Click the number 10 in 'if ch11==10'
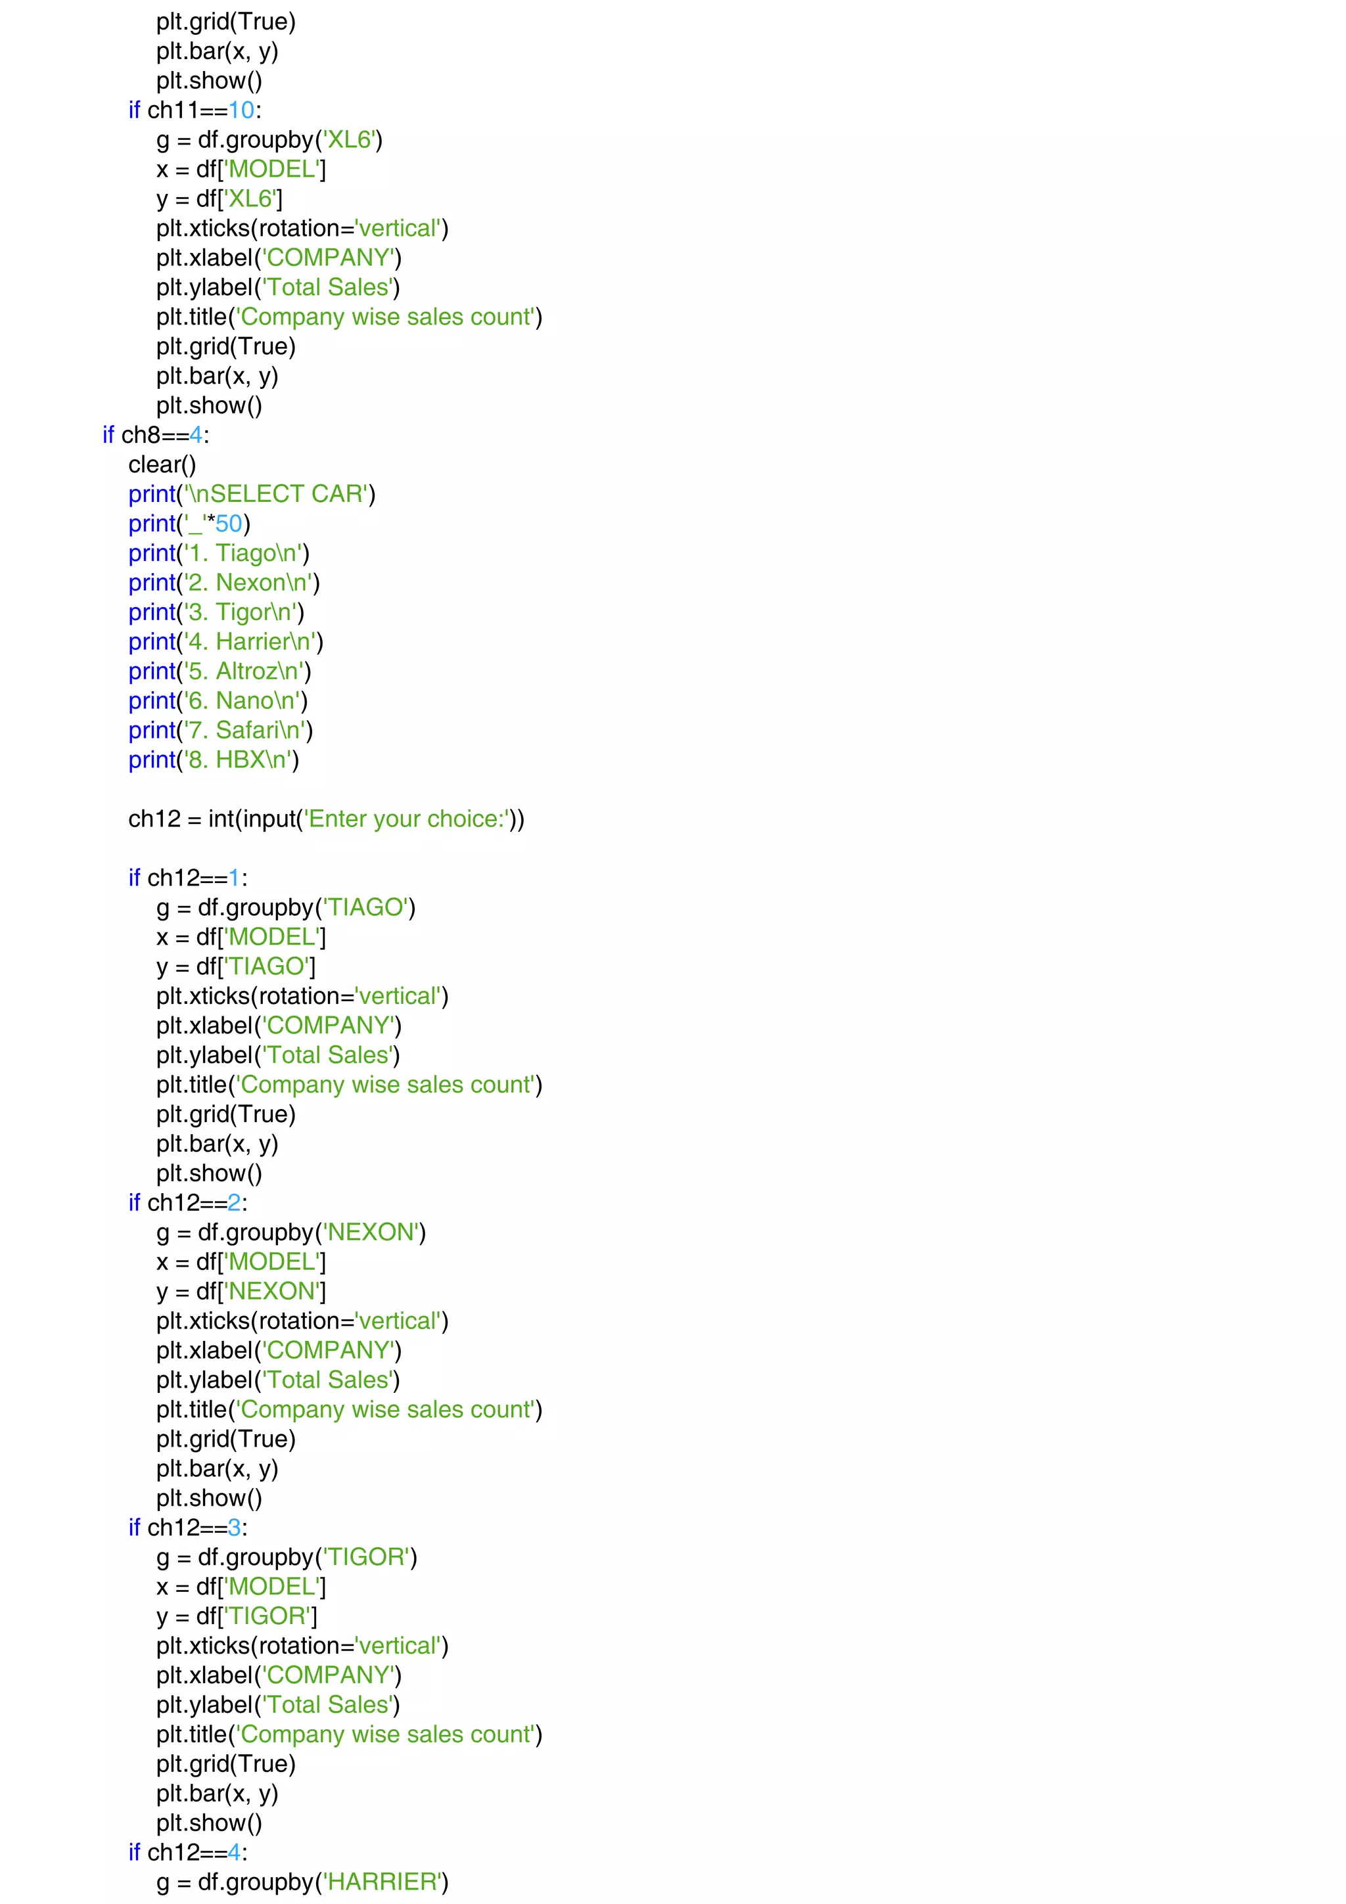pyautogui.click(x=241, y=110)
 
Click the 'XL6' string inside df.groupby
pyautogui.click(x=349, y=139)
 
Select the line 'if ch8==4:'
pyautogui.click(x=156, y=436)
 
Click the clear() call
pyautogui.click(x=162, y=465)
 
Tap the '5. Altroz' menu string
pyautogui.click(x=244, y=671)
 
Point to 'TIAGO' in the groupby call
pyautogui.click(x=365, y=907)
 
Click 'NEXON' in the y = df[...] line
pyautogui.click(x=273, y=1291)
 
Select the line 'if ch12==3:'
pyautogui.click(x=188, y=1528)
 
